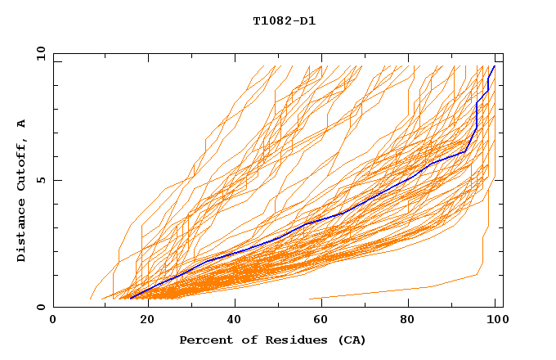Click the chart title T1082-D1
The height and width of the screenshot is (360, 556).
pos(284,21)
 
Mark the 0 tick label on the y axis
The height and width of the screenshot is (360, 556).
pos(39,307)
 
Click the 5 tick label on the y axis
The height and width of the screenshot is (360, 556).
pos(39,180)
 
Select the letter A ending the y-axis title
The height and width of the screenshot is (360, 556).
pos(22,124)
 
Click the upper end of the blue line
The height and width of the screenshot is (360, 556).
pos(494,66)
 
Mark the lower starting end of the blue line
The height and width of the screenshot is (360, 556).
pos(130,298)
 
